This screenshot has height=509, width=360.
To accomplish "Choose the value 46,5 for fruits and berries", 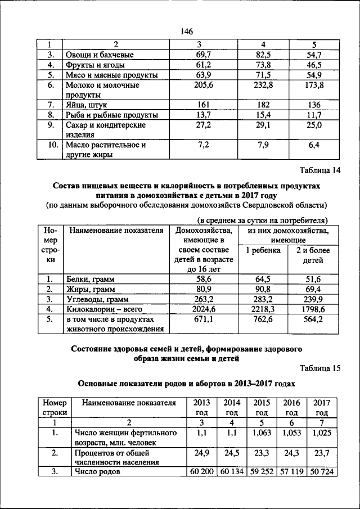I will click(x=310, y=65).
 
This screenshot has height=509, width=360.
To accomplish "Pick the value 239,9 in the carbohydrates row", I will click(x=313, y=299).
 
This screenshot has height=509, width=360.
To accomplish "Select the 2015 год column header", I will click(x=261, y=407).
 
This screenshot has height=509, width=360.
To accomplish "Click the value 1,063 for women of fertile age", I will click(x=261, y=434).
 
